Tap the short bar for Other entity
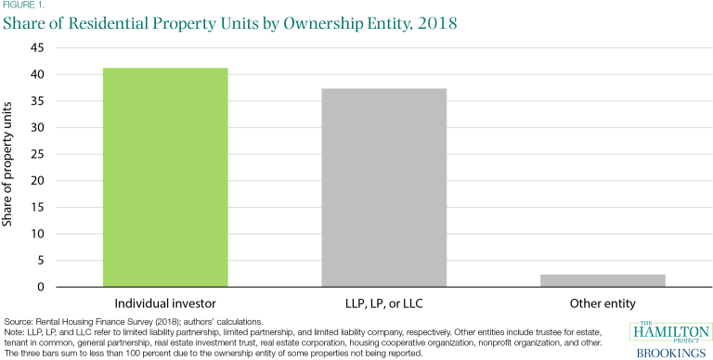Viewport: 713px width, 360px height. pos(616,281)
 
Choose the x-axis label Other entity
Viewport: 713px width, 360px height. pos(616,303)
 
